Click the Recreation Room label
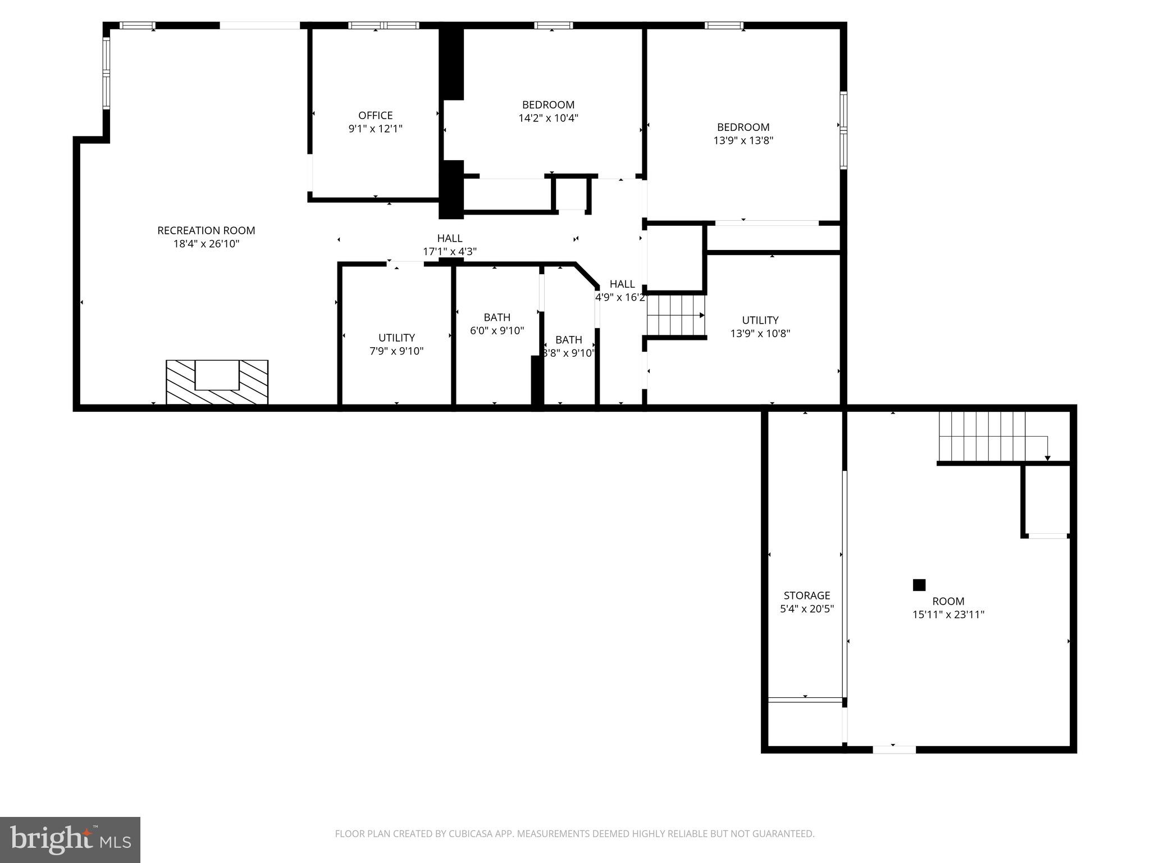[x=206, y=230]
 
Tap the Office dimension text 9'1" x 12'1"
[x=375, y=129]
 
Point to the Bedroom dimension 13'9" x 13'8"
[x=743, y=140]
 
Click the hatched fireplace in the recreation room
[x=217, y=383]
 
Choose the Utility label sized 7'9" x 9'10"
[x=396, y=338]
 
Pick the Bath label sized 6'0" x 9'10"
[x=497, y=317]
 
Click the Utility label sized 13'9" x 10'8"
[x=760, y=320]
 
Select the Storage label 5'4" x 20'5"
[x=806, y=596]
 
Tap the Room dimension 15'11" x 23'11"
[x=948, y=615]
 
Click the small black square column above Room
[x=919, y=585]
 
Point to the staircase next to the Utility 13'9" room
[x=676, y=315]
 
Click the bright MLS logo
[x=70, y=839]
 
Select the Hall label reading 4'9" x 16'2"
[x=622, y=284]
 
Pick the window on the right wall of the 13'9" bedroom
[x=843, y=130]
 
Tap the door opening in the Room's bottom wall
[x=894, y=749]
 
